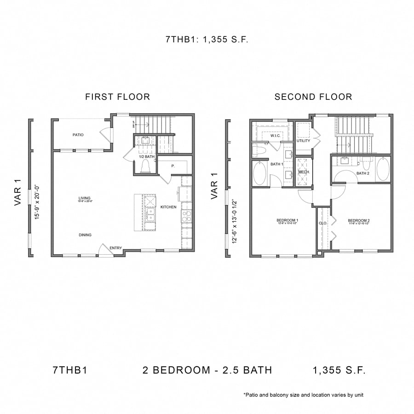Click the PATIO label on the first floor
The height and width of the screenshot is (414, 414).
click(77, 135)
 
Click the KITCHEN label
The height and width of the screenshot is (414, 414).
click(168, 207)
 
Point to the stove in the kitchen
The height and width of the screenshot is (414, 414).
click(186, 216)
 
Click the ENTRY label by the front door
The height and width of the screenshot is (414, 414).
click(115, 248)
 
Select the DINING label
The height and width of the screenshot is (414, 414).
click(85, 235)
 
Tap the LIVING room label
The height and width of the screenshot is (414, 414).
click(85, 198)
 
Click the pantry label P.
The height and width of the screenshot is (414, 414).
click(173, 166)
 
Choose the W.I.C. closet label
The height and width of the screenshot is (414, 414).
click(276, 136)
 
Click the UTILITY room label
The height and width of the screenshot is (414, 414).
click(303, 141)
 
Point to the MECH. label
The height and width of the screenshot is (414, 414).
click(304, 172)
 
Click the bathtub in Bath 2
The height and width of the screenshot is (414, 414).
click(382, 169)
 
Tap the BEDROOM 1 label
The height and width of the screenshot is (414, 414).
click(287, 220)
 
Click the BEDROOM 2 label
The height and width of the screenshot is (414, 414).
click(358, 220)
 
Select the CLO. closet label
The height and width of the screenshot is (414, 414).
click(323, 223)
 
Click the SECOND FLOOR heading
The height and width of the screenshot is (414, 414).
click(313, 97)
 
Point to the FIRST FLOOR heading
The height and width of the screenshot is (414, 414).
click(117, 97)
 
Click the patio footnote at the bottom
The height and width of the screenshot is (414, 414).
click(304, 395)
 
